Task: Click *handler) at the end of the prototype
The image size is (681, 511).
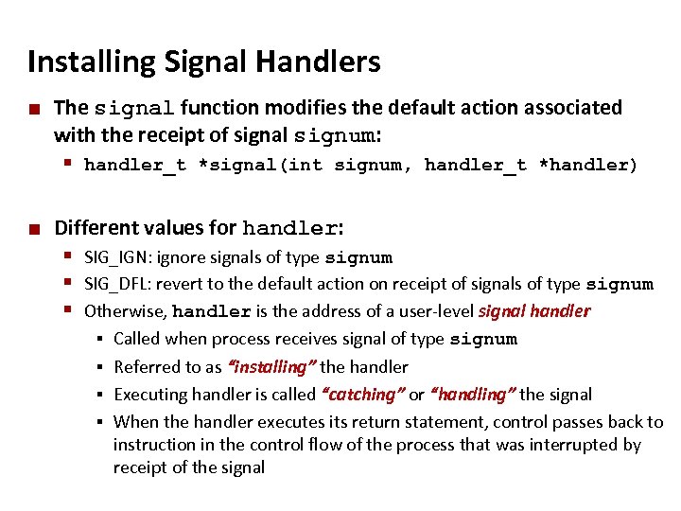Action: (588, 166)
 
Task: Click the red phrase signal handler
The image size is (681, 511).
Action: (534, 311)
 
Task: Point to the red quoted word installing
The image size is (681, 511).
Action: (269, 366)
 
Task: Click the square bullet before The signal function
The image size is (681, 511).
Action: (34, 109)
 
